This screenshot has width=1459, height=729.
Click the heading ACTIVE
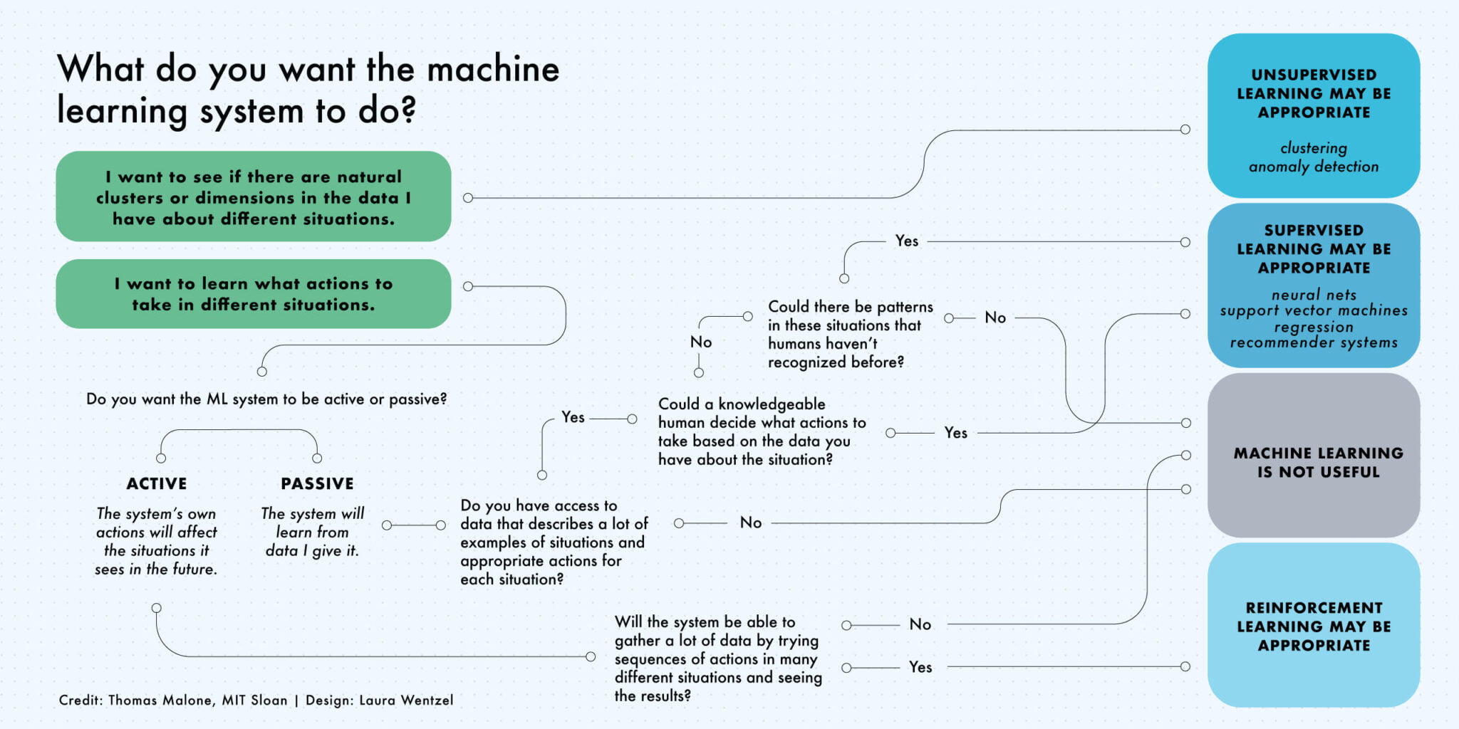coord(157,483)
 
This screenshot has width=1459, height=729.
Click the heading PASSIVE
coord(317,483)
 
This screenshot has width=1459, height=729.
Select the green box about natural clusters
coord(253,197)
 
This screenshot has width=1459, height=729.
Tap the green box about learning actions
coord(253,294)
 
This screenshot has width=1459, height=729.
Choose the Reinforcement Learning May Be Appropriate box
coord(1313,626)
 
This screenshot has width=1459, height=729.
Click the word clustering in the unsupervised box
coord(1313,148)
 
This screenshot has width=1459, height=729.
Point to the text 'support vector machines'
coord(1313,310)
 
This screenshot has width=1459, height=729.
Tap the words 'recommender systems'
coord(1313,342)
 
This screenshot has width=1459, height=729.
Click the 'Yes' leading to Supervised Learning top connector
coord(907,241)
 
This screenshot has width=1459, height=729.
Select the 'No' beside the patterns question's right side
coord(995,318)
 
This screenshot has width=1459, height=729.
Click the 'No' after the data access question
coord(751,523)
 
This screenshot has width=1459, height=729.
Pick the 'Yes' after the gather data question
coord(920,667)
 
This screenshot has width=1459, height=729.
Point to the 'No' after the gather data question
coord(920,624)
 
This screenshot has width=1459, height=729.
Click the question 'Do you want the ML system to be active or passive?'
coord(266,399)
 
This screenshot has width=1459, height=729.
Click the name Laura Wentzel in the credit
coord(405,700)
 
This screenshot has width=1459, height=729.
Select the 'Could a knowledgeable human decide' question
coord(761,431)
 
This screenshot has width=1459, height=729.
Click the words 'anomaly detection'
coord(1313,167)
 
